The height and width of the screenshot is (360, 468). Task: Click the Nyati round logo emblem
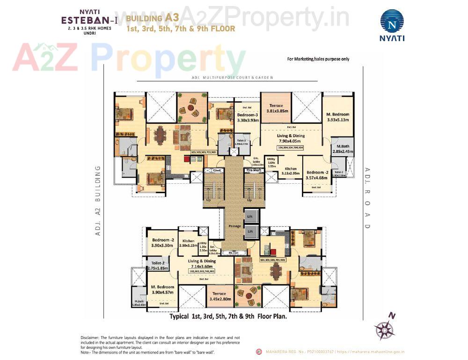[392, 21]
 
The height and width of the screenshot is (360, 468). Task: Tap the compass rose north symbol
[385, 329]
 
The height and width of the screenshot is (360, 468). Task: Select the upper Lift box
[250, 216]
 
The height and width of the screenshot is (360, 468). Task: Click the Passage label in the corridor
[235, 226]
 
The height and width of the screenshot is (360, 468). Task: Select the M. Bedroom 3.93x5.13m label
[337, 117]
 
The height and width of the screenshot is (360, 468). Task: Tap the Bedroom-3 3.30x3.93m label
[248, 117]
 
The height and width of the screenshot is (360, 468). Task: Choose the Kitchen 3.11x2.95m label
[291, 171]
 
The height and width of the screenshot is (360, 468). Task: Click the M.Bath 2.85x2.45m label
[343, 149]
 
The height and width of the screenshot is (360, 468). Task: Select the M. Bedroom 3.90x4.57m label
[162, 289]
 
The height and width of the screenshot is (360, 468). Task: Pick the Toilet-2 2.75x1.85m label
[157, 266]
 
